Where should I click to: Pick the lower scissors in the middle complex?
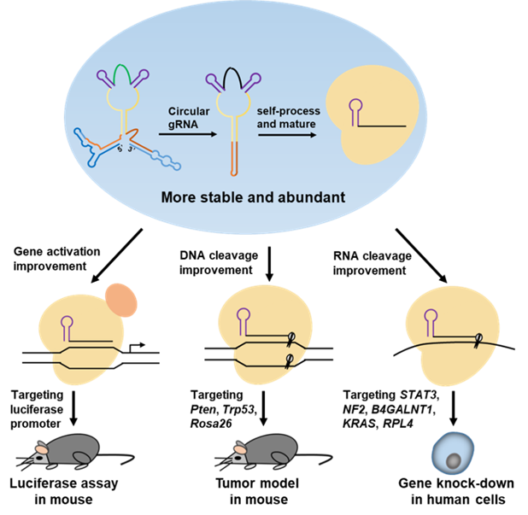click(290, 360)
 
